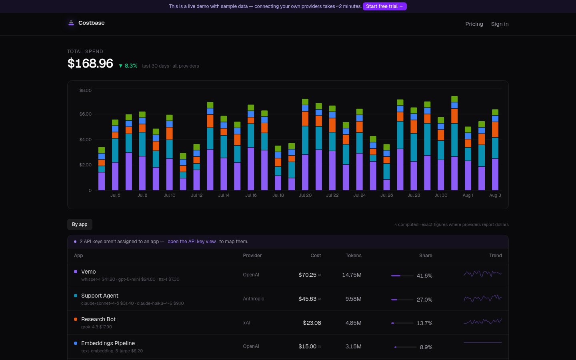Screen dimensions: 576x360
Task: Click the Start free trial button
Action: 384,6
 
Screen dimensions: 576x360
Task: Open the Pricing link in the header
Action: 474,24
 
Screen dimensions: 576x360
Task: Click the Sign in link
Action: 500,24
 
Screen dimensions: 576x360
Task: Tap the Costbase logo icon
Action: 71,23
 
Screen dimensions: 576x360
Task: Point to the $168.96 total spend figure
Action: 90,63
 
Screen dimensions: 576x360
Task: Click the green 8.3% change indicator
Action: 128,66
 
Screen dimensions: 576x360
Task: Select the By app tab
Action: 80,224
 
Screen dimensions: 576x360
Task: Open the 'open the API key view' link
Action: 192,242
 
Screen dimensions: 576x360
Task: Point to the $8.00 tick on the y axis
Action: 85,90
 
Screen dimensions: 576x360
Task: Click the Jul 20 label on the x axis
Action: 305,195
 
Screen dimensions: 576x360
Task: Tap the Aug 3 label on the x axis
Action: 495,195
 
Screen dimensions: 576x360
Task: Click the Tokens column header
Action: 353,255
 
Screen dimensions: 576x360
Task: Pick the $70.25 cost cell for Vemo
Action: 307,275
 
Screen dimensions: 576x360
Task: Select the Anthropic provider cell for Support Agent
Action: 253,298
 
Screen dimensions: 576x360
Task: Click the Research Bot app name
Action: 98,319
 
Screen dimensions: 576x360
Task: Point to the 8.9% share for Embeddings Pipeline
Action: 426,347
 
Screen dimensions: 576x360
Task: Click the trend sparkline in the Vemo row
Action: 483,274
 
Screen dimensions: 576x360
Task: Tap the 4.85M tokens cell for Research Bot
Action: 353,323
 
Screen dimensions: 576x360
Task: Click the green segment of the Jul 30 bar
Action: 441,120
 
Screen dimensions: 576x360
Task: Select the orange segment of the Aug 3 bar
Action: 495,130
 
